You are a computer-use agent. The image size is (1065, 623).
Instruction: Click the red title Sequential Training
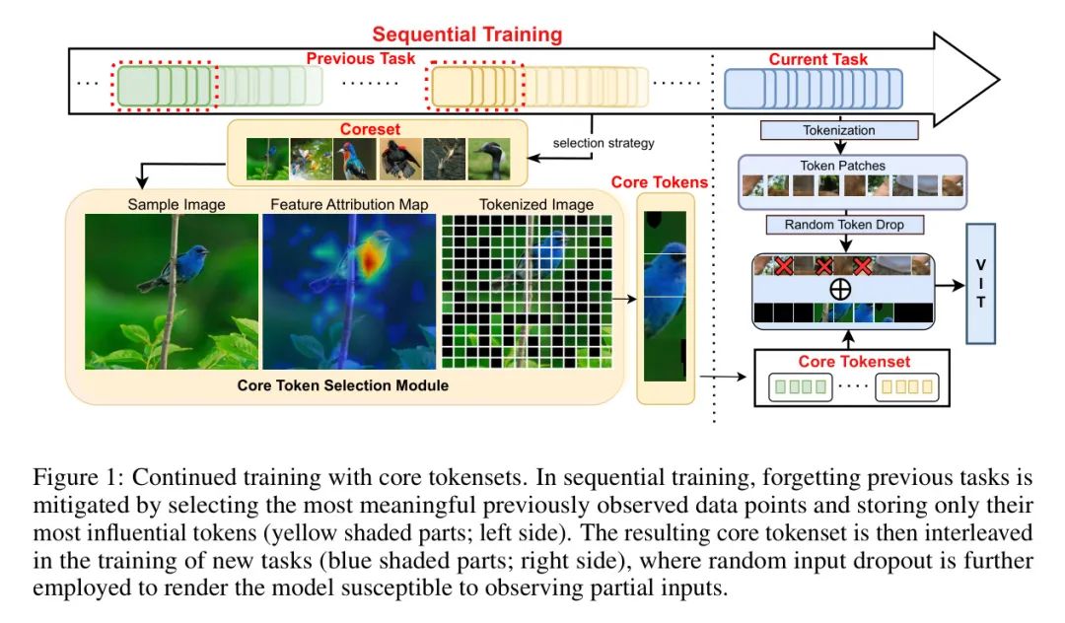click(x=467, y=34)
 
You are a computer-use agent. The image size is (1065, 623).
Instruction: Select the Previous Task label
click(x=361, y=59)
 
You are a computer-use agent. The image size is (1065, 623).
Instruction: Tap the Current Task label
click(x=817, y=60)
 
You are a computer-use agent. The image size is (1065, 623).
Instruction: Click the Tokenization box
click(x=839, y=130)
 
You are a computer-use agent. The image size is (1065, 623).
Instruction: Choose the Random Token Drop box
click(x=844, y=225)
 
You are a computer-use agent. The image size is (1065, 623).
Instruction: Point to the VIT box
click(x=980, y=283)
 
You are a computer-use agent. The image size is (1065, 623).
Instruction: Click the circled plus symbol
click(x=840, y=290)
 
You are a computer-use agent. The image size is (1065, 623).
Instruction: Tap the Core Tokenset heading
click(x=854, y=362)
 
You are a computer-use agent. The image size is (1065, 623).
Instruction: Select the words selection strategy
click(x=603, y=143)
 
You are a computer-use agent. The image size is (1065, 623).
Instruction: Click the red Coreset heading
click(x=370, y=129)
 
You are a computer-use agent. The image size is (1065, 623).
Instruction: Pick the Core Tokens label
click(x=660, y=182)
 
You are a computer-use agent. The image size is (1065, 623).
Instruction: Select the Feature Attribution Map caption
click(x=349, y=204)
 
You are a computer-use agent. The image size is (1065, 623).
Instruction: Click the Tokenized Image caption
click(x=535, y=204)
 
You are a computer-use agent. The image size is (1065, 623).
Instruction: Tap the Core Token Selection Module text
click(x=343, y=385)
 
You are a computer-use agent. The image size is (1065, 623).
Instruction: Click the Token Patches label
click(x=842, y=166)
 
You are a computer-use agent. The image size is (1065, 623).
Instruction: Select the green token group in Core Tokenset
click(x=801, y=386)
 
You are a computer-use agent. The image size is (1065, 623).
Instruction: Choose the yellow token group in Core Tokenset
click(x=907, y=386)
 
